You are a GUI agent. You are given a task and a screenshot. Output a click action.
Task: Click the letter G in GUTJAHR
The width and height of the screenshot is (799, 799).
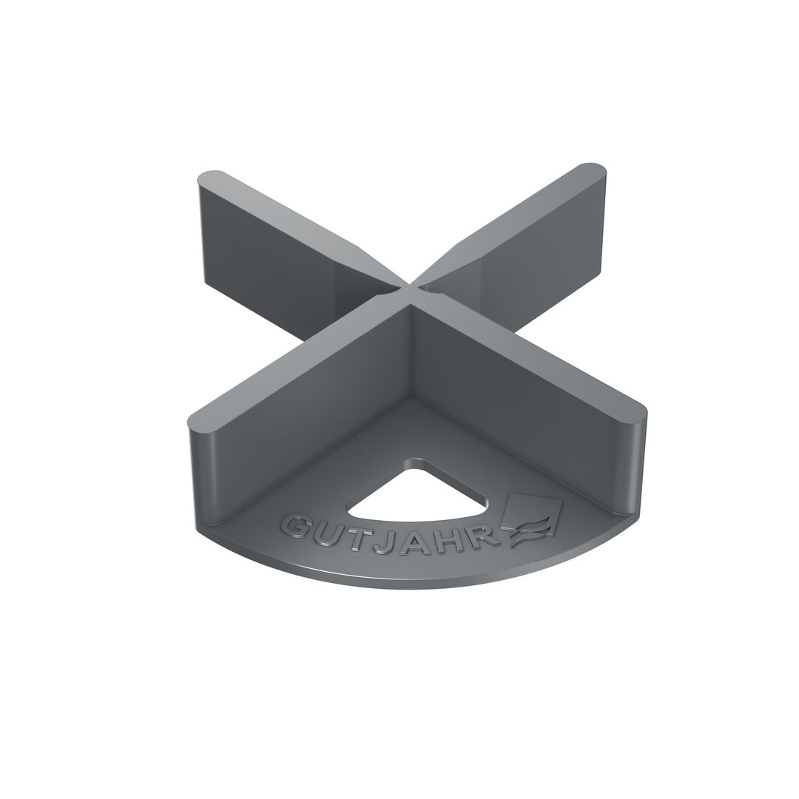[x=296, y=527]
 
